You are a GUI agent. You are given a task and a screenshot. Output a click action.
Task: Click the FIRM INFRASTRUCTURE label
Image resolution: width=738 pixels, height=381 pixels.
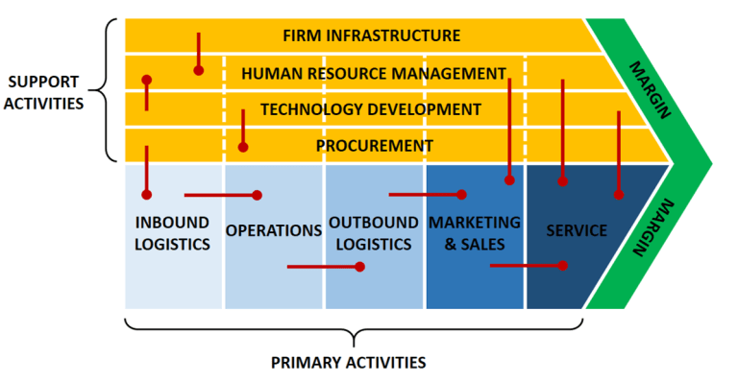pos(371,36)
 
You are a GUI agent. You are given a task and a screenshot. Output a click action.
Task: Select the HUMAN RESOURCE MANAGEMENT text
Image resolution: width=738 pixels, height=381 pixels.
pos(373,73)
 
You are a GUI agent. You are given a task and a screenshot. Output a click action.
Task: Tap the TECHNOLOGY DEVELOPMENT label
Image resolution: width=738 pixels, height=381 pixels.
pos(370,109)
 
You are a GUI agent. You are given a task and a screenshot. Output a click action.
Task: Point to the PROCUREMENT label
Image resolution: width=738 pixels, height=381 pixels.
pos(374,146)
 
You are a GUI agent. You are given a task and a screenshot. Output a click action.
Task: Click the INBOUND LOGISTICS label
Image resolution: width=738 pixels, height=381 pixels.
pos(172,233)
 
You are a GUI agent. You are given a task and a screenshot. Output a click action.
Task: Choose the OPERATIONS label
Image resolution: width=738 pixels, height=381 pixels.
pos(273,230)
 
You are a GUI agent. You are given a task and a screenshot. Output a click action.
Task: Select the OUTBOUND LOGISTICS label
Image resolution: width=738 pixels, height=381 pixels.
pos(373,233)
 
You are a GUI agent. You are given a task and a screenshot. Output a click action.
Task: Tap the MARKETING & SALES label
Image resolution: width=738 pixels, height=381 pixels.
pos(474,233)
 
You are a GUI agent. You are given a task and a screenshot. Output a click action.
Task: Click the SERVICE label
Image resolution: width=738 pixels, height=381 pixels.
pos(576,230)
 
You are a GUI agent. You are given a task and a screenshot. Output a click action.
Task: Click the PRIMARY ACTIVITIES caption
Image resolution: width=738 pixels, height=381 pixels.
pos(348,363)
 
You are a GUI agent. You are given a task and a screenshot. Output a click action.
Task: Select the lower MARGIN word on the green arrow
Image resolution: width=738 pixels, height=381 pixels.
pos(650,230)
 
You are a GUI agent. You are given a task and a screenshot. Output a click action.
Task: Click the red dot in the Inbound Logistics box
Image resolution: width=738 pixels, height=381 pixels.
pos(146,194)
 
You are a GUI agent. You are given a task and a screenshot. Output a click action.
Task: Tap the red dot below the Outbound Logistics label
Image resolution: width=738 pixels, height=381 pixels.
pos(359,266)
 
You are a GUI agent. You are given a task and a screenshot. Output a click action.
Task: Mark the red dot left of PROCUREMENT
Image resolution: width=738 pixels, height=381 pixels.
pos(243,148)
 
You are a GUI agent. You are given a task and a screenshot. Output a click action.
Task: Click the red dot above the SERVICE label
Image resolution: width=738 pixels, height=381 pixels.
pos(562,180)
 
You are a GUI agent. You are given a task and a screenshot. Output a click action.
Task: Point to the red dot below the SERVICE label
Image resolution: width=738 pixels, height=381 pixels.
pos(562,265)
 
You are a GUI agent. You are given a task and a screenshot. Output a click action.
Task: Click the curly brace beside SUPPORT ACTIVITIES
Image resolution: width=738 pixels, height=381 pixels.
pos(108,91)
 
